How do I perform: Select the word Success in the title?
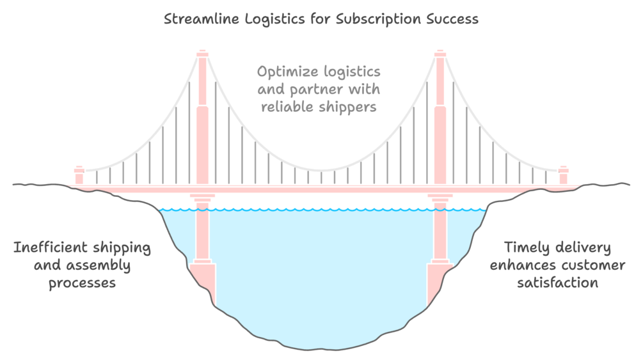pyautogui.click(x=452, y=19)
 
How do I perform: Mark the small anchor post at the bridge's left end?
pyautogui.click(x=79, y=175)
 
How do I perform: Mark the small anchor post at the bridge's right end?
pyautogui.click(x=563, y=175)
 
